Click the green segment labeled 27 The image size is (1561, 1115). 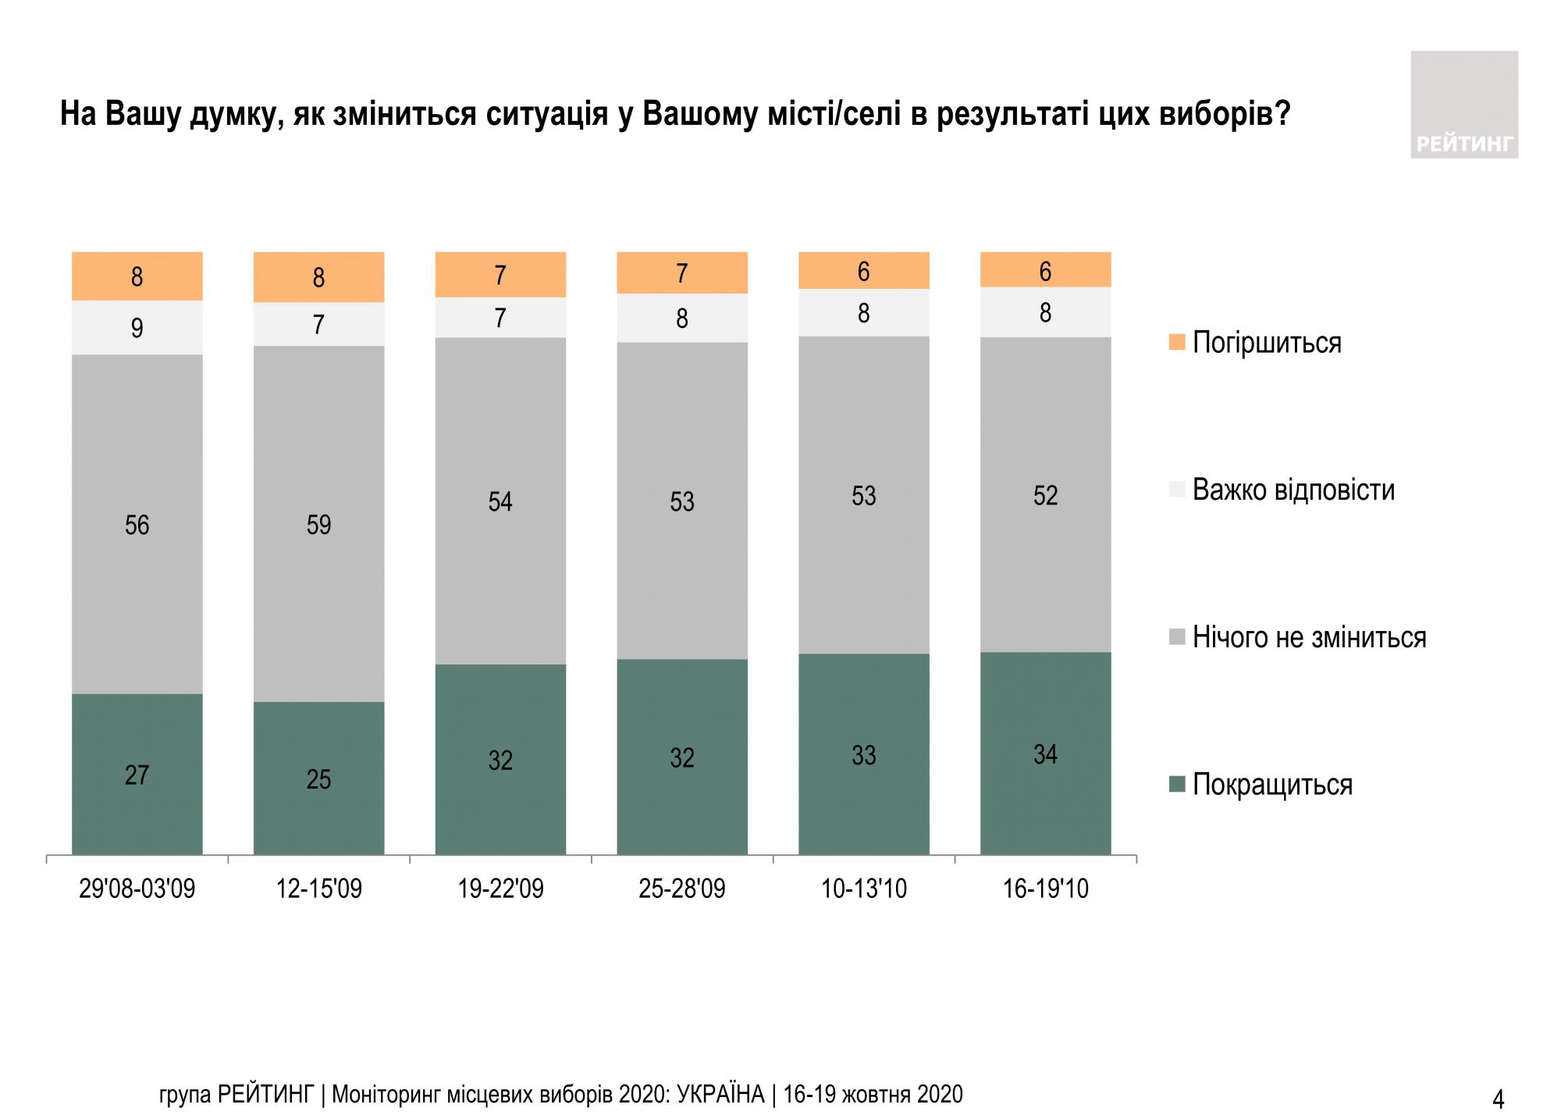point(137,774)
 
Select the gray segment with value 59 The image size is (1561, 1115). point(318,524)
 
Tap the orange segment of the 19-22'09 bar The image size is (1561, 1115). point(500,275)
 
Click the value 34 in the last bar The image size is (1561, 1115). point(1045,754)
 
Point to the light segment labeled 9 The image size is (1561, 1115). point(137,328)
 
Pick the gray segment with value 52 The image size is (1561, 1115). point(1045,495)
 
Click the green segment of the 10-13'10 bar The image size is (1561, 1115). point(863,754)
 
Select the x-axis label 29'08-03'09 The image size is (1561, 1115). point(137,889)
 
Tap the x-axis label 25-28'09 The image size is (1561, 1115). point(681,889)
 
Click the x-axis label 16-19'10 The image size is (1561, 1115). point(1045,889)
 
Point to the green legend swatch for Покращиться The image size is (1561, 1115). point(1177,784)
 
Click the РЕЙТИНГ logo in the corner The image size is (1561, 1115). point(1464,105)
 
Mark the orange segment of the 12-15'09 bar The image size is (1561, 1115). point(318,277)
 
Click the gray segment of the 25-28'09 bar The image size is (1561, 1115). point(681,501)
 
